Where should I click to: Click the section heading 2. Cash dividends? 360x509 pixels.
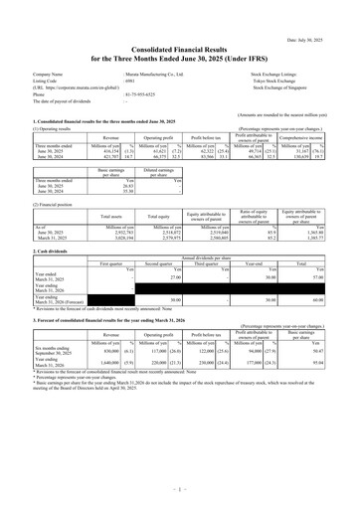pyautogui.click(x=35, y=252)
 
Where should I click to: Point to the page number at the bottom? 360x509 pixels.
pyautogui.click(x=179, y=489)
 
